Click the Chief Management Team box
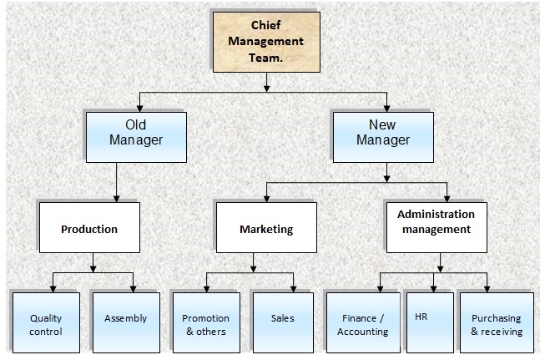click(x=265, y=40)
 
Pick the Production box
click(x=88, y=228)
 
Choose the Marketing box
click(x=266, y=228)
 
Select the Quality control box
click(x=46, y=324)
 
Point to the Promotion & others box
click(x=205, y=324)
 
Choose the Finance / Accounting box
click(x=362, y=324)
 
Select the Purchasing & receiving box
click(x=497, y=324)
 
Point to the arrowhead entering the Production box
click(x=116, y=199)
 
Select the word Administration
click(x=436, y=214)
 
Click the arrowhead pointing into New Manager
click(x=386, y=109)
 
